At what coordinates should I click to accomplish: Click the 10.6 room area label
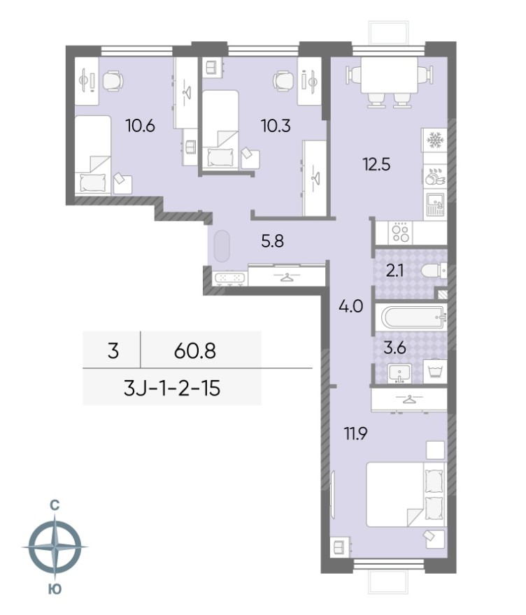140,126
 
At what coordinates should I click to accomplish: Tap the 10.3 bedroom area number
276,126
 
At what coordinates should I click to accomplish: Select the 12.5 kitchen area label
376,164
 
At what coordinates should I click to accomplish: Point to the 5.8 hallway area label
272,241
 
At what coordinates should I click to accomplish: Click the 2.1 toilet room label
395,270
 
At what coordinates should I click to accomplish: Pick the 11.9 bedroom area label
355,434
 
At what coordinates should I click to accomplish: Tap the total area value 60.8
195,350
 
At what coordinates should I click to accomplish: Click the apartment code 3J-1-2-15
172,389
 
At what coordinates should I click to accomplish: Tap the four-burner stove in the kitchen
401,232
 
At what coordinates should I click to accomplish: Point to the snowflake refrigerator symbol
434,140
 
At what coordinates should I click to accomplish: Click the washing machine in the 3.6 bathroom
435,371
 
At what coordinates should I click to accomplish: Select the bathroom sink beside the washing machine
399,372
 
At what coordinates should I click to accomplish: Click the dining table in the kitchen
390,75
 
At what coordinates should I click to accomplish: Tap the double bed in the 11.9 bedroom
406,494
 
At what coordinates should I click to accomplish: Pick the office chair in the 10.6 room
113,81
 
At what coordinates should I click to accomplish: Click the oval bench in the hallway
222,246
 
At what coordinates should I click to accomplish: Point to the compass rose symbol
55,547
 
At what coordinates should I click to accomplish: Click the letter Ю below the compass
55,588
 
